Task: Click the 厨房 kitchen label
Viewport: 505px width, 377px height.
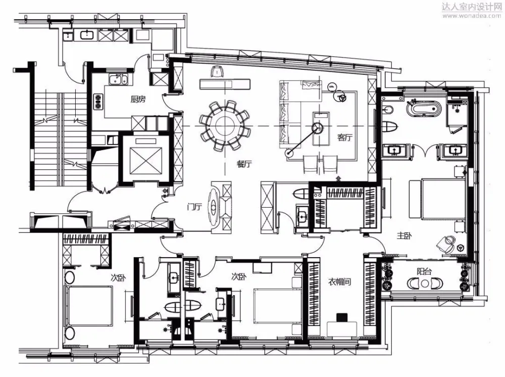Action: [138, 100]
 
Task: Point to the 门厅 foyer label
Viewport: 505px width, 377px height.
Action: [194, 207]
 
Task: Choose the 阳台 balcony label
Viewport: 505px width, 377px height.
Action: [424, 271]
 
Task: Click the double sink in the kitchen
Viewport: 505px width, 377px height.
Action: [118, 80]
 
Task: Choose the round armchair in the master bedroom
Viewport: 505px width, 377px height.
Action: [445, 244]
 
